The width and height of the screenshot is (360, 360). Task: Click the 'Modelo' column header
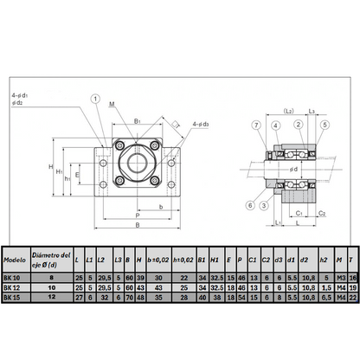tap(14, 259)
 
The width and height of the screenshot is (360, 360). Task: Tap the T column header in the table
tap(353, 259)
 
